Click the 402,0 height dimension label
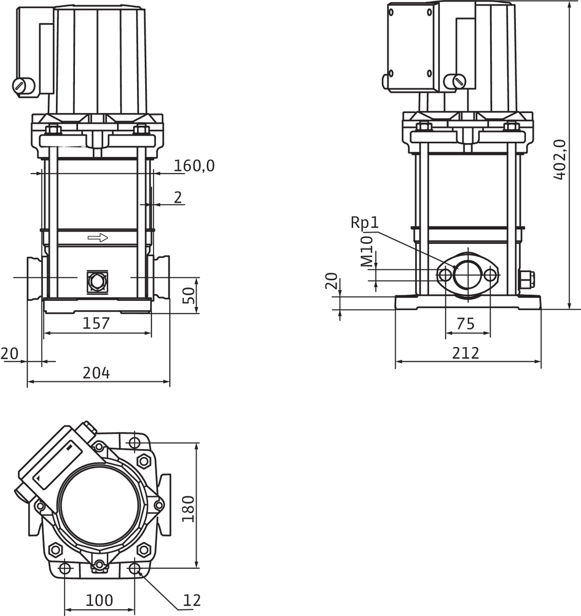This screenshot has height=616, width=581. [560, 160]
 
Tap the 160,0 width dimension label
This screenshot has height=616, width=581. [194, 166]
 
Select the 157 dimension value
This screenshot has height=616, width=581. [96, 323]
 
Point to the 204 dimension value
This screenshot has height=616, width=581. [96, 373]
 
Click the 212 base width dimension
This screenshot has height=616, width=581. [466, 353]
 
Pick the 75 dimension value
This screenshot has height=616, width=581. [466, 323]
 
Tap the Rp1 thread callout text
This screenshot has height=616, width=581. [365, 222]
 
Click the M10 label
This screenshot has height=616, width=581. [367, 252]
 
